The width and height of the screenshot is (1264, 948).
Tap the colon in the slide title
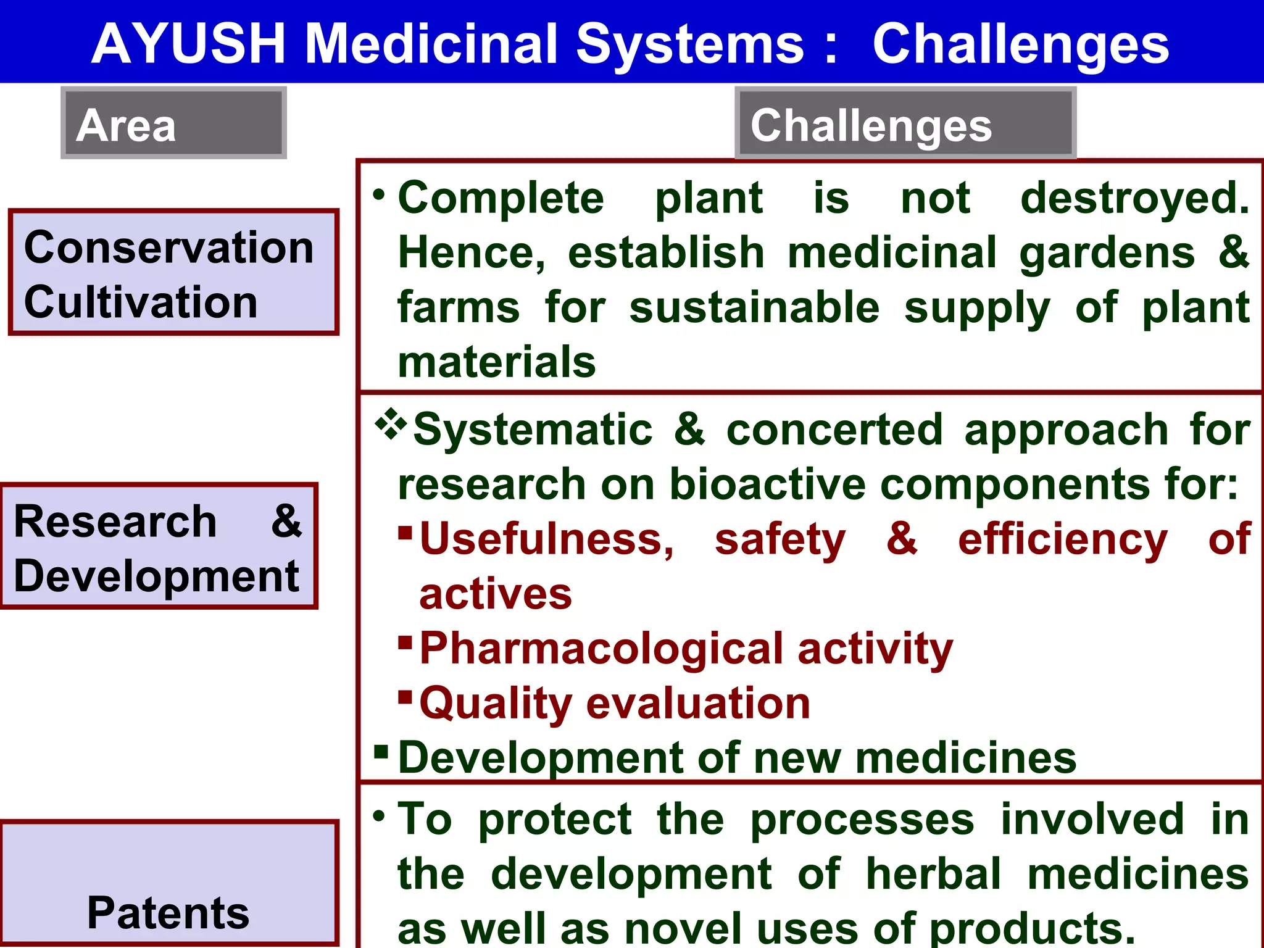[x=831, y=44]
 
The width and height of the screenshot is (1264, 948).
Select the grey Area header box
[x=173, y=123]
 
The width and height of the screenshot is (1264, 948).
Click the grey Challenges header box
[x=905, y=123]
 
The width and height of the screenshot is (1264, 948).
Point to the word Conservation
[x=168, y=247]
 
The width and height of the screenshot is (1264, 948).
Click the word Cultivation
[x=140, y=302]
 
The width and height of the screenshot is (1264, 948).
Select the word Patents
[x=168, y=913]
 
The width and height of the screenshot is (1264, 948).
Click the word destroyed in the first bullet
[x=1134, y=198]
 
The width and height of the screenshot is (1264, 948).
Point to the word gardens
[x=1107, y=253]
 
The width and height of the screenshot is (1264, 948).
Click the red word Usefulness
[x=546, y=539]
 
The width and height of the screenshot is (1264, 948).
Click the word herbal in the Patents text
[x=933, y=874]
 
